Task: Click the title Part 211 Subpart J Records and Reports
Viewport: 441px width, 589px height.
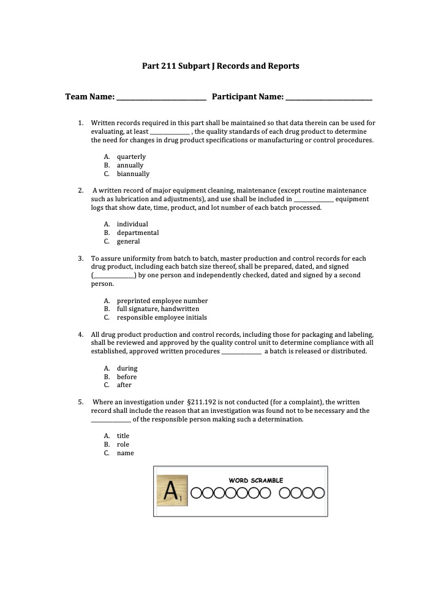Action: (x=221, y=66)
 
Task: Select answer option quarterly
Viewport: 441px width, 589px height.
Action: (x=131, y=156)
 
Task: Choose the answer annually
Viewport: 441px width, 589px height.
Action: (x=130, y=165)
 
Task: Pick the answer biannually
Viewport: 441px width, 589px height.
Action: (x=133, y=174)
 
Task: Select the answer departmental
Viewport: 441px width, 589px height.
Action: (x=138, y=233)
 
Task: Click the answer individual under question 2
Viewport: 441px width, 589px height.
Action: (x=132, y=224)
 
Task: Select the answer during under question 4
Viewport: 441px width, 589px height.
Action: (x=127, y=368)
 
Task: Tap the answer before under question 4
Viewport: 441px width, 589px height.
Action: (x=127, y=377)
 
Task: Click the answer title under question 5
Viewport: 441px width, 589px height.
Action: (x=123, y=436)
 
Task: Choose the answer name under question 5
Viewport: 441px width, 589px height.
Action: (x=125, y=453)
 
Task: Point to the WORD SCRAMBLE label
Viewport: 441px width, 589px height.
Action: (x=256, y=480)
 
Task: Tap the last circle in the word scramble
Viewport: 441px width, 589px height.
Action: (x=318, y=493)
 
